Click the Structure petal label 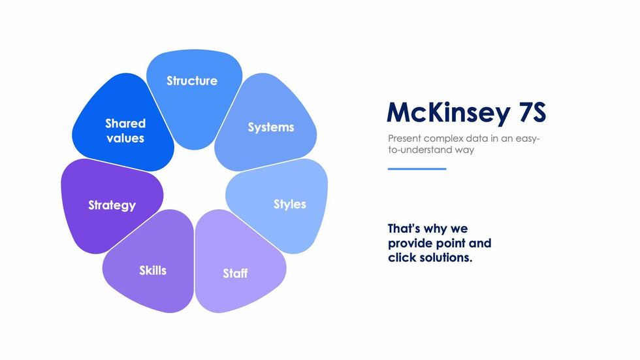tap(192, 80)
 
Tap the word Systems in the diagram tap(271, 127)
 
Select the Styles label tap(290, 205)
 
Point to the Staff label tap(235, 273)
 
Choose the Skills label tap(153, 270)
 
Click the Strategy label tap(112, 205)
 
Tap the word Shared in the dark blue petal tap(125, 123)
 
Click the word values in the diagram tap(125, 139)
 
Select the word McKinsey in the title tap(449, 112)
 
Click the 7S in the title tap(532, 112)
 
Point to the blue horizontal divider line tap(417, 169)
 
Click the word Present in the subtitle tap(404, 139)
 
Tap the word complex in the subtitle tap(440, 139)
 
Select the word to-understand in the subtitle tap(420, 150)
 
